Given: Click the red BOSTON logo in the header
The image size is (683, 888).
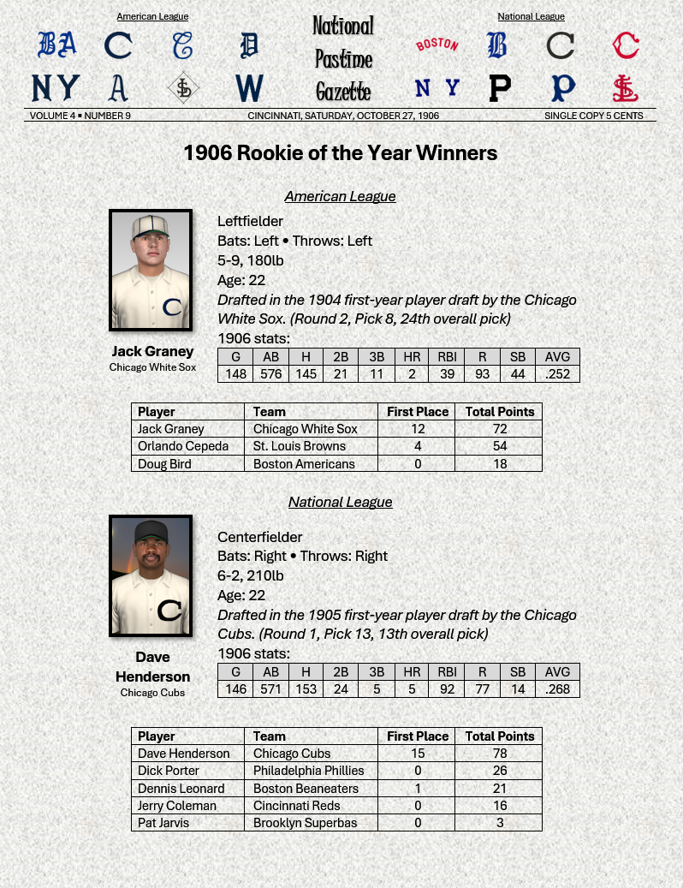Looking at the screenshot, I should click(x=437, y=45).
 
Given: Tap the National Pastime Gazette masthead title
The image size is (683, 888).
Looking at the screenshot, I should click(x=342, y=58).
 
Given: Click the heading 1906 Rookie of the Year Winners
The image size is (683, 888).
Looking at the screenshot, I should click(x=340, y=153).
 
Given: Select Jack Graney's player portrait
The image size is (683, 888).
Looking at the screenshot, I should click(x=151, y=270).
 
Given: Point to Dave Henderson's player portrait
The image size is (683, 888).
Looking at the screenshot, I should click(x=151, y=575).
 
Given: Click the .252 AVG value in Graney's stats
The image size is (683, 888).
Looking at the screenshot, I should click(x=557, y=374).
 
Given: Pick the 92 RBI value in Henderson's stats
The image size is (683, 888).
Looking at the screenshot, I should click(x=446, y=689).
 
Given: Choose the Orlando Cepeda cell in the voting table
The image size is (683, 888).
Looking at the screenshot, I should click(x=183, y=446).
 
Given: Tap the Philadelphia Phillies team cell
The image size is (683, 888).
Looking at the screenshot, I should click(x=308, y=771).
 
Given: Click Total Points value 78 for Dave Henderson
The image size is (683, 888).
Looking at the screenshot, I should click(x=500, y=754).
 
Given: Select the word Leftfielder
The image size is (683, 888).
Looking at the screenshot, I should click(x=250, y=222).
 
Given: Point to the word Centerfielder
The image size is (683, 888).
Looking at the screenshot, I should click(x=260, y=537).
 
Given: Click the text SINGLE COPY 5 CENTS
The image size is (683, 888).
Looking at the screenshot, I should click(x=593, y=116).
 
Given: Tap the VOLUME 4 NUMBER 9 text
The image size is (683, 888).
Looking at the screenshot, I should click(x=80, y=116).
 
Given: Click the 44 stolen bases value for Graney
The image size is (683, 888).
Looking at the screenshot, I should click(x=518, y=374).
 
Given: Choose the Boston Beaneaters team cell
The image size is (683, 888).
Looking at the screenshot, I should click(x=306, y=789).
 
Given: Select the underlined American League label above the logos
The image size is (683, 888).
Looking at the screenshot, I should click(x=152, y=16).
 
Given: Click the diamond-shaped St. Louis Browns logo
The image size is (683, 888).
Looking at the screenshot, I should click(x=182, y=87).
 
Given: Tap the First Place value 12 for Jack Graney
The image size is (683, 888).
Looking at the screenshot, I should click(x=418, y=429).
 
